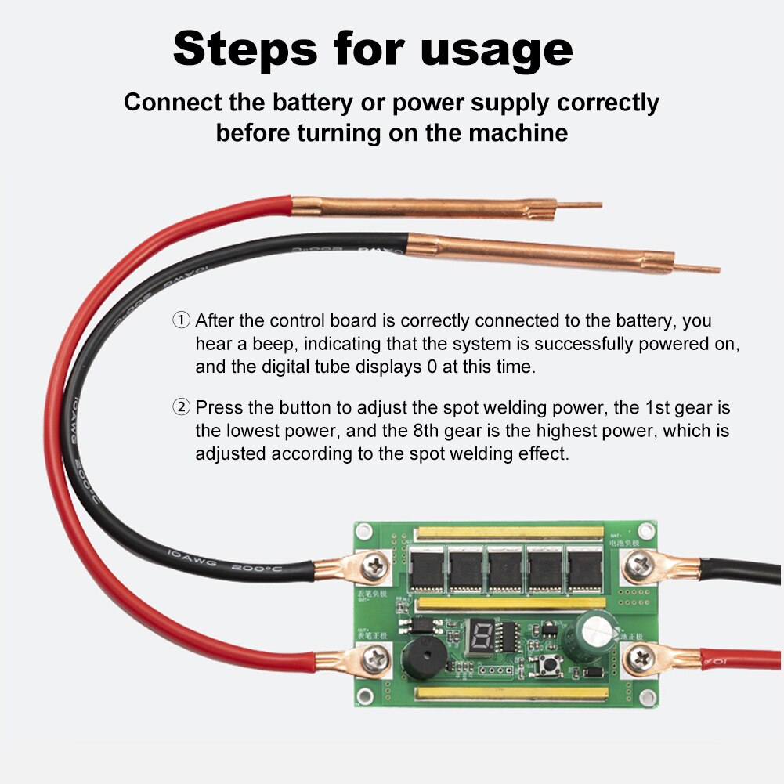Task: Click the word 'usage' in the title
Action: pos(497,49)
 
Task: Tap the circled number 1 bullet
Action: pos(181,320)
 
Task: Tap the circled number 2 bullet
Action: pos(181,407)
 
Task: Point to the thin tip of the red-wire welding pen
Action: pos(580,206)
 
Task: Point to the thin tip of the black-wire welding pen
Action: pos(697,269)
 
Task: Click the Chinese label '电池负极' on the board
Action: pos(624,540)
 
